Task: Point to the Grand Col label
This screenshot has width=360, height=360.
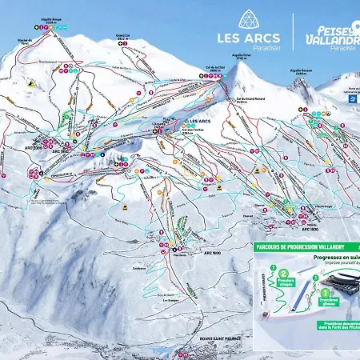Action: (x=122, y=38)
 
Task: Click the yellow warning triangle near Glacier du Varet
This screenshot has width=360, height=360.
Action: (x=30, y=83)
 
